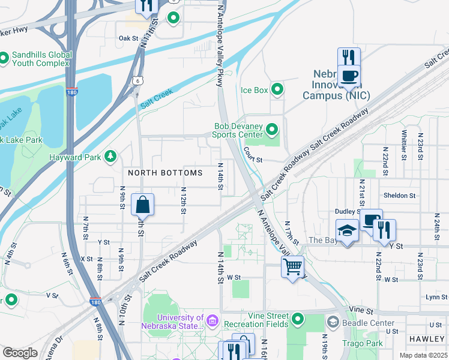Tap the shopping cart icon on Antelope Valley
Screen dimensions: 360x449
click(x=292, y=265)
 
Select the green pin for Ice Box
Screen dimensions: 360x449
click(x=277, y=90)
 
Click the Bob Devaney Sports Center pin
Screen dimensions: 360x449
click(x=272, y=130)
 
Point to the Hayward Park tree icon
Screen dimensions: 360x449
click(x=110, y=157)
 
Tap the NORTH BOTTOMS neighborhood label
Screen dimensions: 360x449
click(x=165, y=173)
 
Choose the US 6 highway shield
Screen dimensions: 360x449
click(x=138, y=80)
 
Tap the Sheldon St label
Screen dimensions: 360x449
click(x=399, y=196)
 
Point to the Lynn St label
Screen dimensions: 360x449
click(x=433, y=297)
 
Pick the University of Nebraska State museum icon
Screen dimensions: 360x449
click(x=211, y=322)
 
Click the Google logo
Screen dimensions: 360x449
click(x=20, y=353)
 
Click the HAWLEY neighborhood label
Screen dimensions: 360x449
click(x=427, y=339)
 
